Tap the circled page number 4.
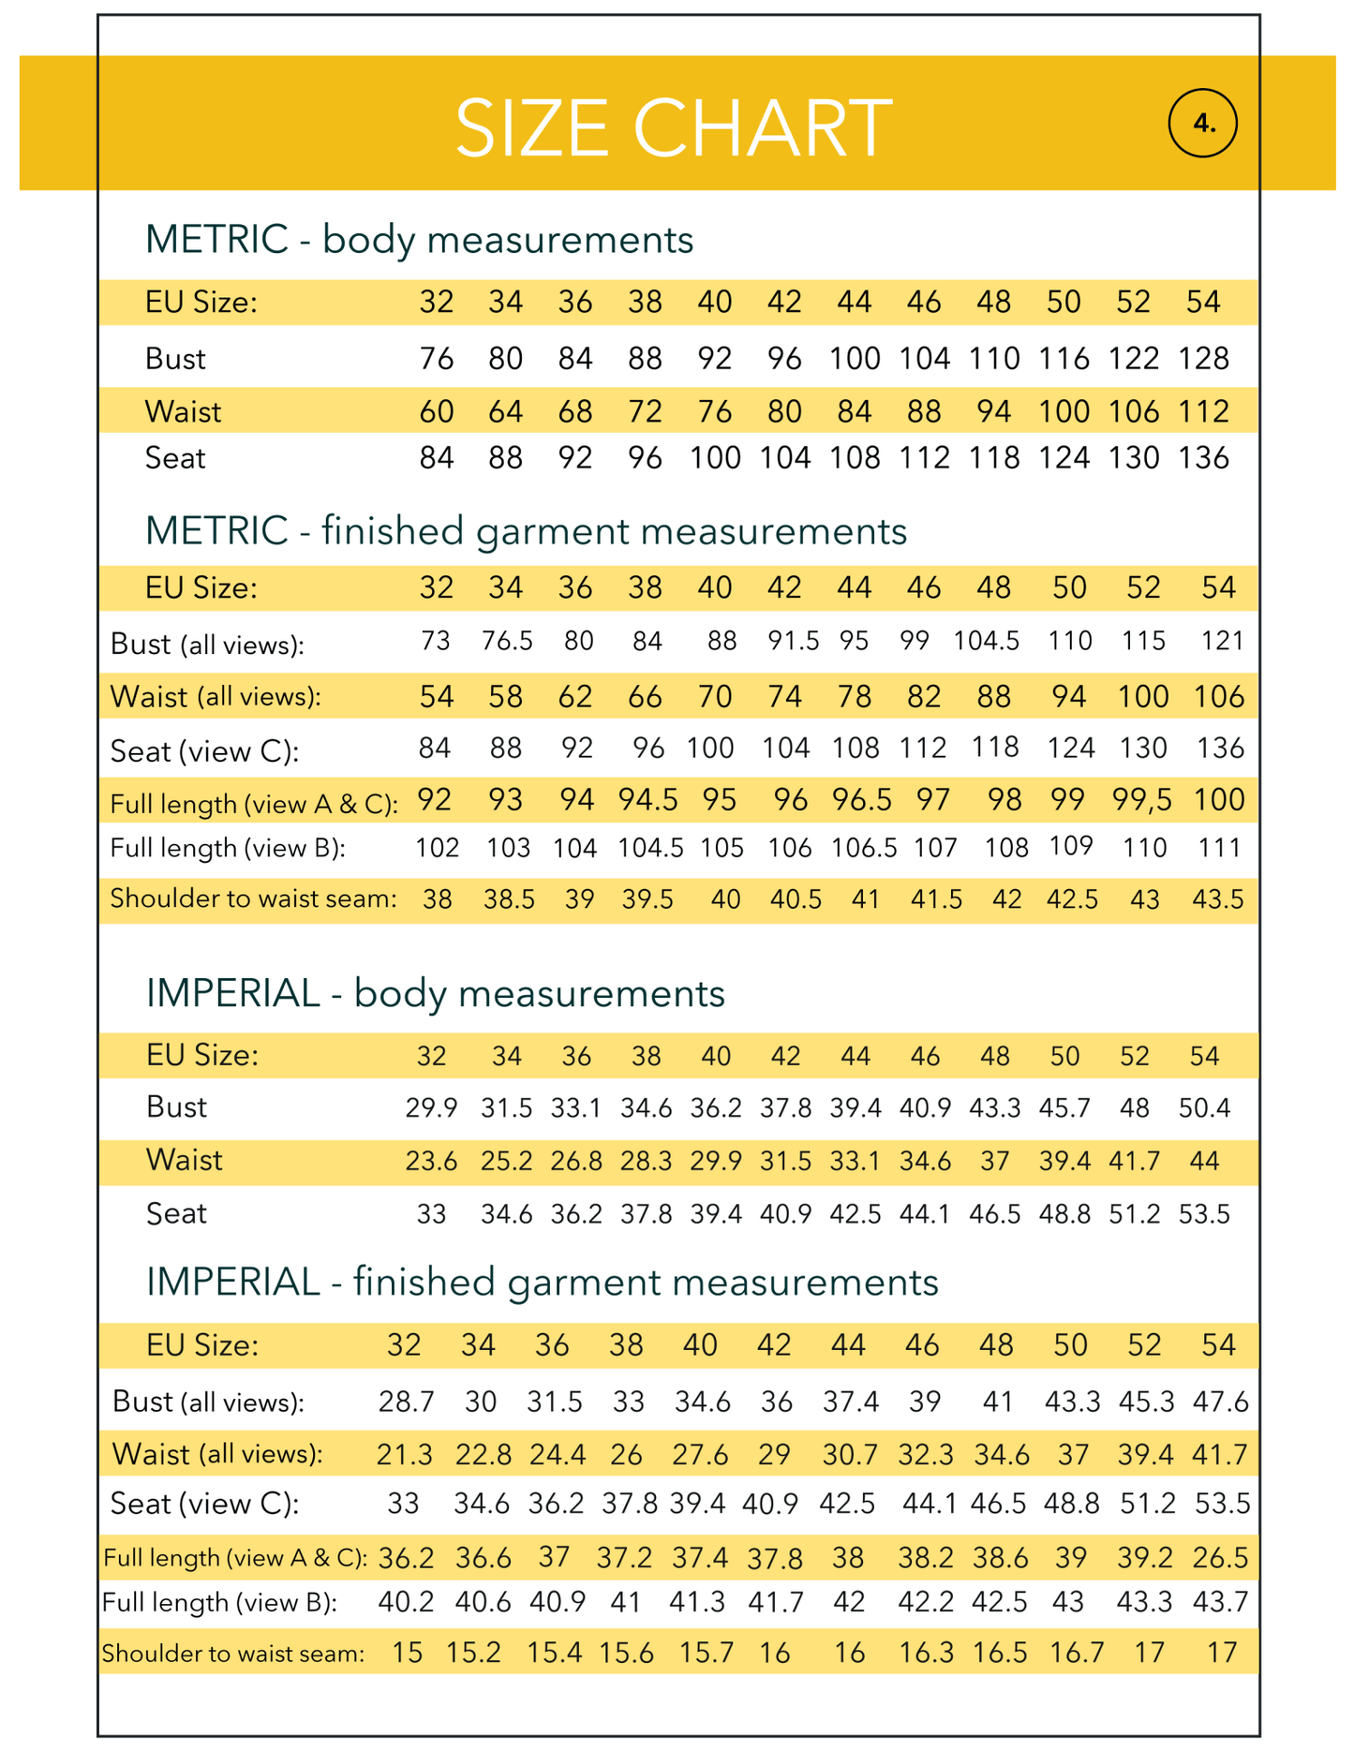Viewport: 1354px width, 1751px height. pyautogui.click(x=1203, y=123)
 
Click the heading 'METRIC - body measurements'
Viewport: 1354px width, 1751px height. pyautogui.click(x=419, y=240)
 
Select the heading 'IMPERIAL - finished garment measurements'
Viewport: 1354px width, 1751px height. pyautogui.click(x=542, y=1282)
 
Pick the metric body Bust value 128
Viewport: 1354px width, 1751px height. pyautogui.click(x=1203, y=359)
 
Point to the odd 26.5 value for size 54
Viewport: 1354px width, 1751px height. pyautogui.click(x=1220, y=1557)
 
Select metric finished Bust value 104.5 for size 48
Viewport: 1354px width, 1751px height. pyautogui.click(x=987, y=641)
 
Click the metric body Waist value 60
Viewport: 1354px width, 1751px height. pyautogui.click(x=436, y=411)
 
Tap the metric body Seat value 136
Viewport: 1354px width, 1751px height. pyautogui.click(x=1203, y=458)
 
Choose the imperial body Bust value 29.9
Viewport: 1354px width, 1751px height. pyautogui.click(x=431, y=1108)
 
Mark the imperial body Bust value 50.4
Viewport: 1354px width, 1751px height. pyautogui.click(x=1204, y=1108)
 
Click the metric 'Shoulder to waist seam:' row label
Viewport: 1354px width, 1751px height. pyautogui.click(x=253, y=899)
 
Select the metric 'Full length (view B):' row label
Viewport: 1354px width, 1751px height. pyautogui.click(x=228, y=849)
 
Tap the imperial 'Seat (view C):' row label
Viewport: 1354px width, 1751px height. pyautogui.click(x=204, y=1504)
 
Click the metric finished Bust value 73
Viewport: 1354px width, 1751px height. pyautogui.click(x=436, y=641)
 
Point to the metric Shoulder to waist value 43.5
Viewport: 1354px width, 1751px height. pyautogui.click(x=1218, y=899)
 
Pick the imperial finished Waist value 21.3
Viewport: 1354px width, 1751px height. pyautogui.click(x=405, y=1454)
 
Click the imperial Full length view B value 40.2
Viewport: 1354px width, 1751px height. pyautogui.click(x=406, y=1602)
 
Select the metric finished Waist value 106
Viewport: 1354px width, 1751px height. pyautogui.click(x=1218, y=697)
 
